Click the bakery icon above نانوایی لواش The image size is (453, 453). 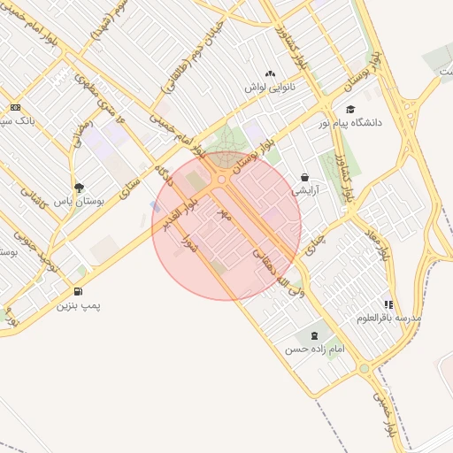270,74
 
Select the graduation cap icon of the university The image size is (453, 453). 351,110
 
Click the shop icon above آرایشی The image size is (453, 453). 305,177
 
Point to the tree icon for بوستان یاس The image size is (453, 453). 79,188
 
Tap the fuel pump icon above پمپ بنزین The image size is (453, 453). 79,291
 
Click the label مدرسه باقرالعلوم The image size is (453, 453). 389,318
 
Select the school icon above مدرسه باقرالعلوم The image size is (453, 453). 388,304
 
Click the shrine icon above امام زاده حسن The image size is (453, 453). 314,335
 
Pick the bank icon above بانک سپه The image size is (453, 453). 15,107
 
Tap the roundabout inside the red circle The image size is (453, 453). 221,180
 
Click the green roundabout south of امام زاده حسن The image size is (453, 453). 364,368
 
